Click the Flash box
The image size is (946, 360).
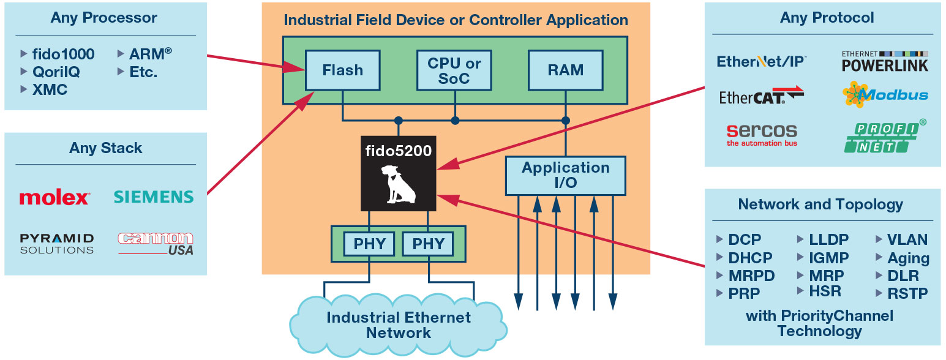pos(342,70)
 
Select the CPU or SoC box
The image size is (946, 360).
pos(454,70)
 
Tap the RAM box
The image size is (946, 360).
pos(566,70)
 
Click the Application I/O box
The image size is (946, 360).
pos(566,176)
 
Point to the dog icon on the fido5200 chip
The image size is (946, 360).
pos(398,184)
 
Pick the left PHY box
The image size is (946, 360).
pos(369,244)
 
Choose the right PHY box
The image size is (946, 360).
pos(428,244)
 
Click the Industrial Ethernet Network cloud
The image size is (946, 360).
pos(398,325)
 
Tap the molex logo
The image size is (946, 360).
pos(54,197)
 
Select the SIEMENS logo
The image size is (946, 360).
pos(154,197)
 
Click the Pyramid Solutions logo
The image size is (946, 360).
pos(56,244)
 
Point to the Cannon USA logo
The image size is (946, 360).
pos(156,244)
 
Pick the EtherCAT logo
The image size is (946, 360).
pos(762,96)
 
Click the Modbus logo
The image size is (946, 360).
pos(885,94)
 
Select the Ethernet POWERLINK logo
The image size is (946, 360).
pos(885,62)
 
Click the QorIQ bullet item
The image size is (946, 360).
pos(51,72)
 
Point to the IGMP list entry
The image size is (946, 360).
pos(823,258)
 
